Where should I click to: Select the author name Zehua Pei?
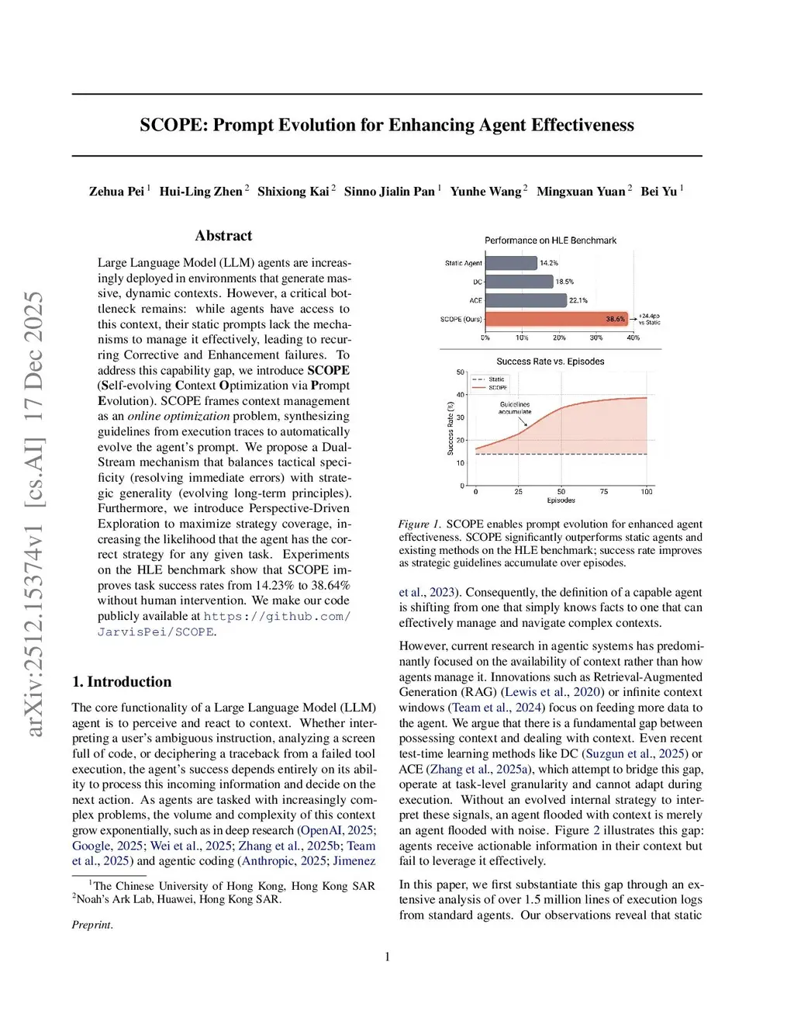click(116, 192)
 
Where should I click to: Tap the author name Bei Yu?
click(658, 192)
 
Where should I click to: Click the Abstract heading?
click(223, 236)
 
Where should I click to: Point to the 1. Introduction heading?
click(122, 682)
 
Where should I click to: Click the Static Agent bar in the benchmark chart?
click(511, 263)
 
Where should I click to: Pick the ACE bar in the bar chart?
click(526, 300)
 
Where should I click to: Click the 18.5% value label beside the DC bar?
click(564, 282)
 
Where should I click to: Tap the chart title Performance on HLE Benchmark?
click(551, 241)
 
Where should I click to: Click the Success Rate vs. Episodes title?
click(551, 362)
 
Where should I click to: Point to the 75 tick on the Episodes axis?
click(604, 492)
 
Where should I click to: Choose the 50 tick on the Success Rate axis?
click(460, 372)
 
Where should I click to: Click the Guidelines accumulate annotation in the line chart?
click(515, 408)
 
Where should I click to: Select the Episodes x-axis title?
click(561, 500)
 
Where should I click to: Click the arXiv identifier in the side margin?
click(35, 512)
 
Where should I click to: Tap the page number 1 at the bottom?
click(387, 957)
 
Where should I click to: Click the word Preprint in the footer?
click(91, 925)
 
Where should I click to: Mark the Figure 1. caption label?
click(419, 524)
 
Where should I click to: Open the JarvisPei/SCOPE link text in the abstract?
click(155, 632)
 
